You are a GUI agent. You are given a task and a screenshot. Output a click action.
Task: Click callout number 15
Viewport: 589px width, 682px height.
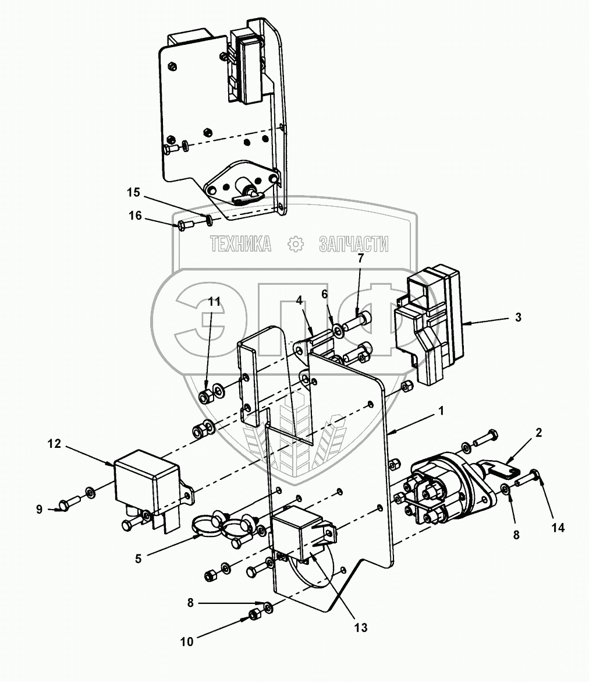pos(134,192)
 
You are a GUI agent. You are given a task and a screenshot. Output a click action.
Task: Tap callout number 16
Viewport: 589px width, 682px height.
pos(135,216)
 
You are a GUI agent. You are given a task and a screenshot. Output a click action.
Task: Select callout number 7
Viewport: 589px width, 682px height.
pos(360,258)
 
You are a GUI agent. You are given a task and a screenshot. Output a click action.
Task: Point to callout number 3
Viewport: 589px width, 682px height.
pos(517,317)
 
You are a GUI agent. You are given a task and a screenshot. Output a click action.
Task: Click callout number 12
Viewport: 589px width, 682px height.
pos(54,444)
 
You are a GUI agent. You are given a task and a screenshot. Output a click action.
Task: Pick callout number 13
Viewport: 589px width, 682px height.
pos(361,628)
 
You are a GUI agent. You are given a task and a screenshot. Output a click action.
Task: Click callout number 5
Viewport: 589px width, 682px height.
pos(139,559)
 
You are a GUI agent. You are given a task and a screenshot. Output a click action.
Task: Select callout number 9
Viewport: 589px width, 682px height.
pos(40,510)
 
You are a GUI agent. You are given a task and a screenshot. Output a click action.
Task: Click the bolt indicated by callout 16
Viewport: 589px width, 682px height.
pos(182,225)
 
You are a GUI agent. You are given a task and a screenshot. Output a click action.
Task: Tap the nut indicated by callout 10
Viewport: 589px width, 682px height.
pos(254,614)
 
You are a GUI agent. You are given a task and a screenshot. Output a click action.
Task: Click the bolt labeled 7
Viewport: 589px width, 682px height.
pos(357,321)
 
